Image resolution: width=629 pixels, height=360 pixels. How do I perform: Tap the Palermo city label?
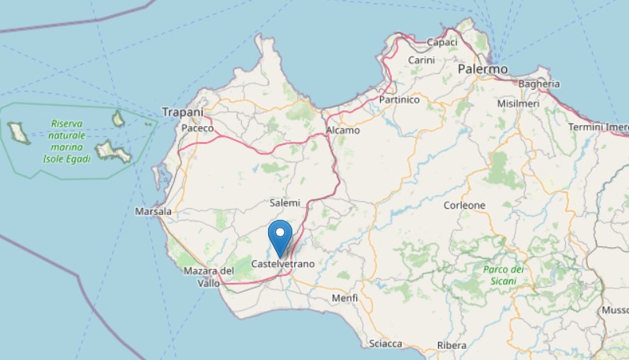[482, 70]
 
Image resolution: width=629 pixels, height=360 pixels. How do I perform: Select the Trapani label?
[183, 113]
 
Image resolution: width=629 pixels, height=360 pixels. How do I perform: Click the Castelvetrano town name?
[282, 263]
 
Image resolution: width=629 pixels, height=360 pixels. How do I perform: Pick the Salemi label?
[285, 203]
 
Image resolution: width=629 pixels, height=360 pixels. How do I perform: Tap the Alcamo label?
[343, 130]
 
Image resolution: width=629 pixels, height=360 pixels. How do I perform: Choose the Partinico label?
[399, 101]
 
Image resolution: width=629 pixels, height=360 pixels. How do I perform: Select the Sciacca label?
[385, 343]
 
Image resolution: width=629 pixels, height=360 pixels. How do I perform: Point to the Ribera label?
[452, 345]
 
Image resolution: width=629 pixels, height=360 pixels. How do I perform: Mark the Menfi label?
[344, 299]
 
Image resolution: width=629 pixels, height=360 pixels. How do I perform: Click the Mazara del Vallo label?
[209, 276]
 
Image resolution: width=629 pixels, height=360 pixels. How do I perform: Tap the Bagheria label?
[540, 84]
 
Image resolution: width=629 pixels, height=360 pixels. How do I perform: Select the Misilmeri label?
[517, 103]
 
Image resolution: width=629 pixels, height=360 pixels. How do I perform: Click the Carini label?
[422, 60]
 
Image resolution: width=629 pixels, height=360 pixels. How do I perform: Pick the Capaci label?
[442, 42]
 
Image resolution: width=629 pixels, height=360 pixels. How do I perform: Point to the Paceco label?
[198, 128]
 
